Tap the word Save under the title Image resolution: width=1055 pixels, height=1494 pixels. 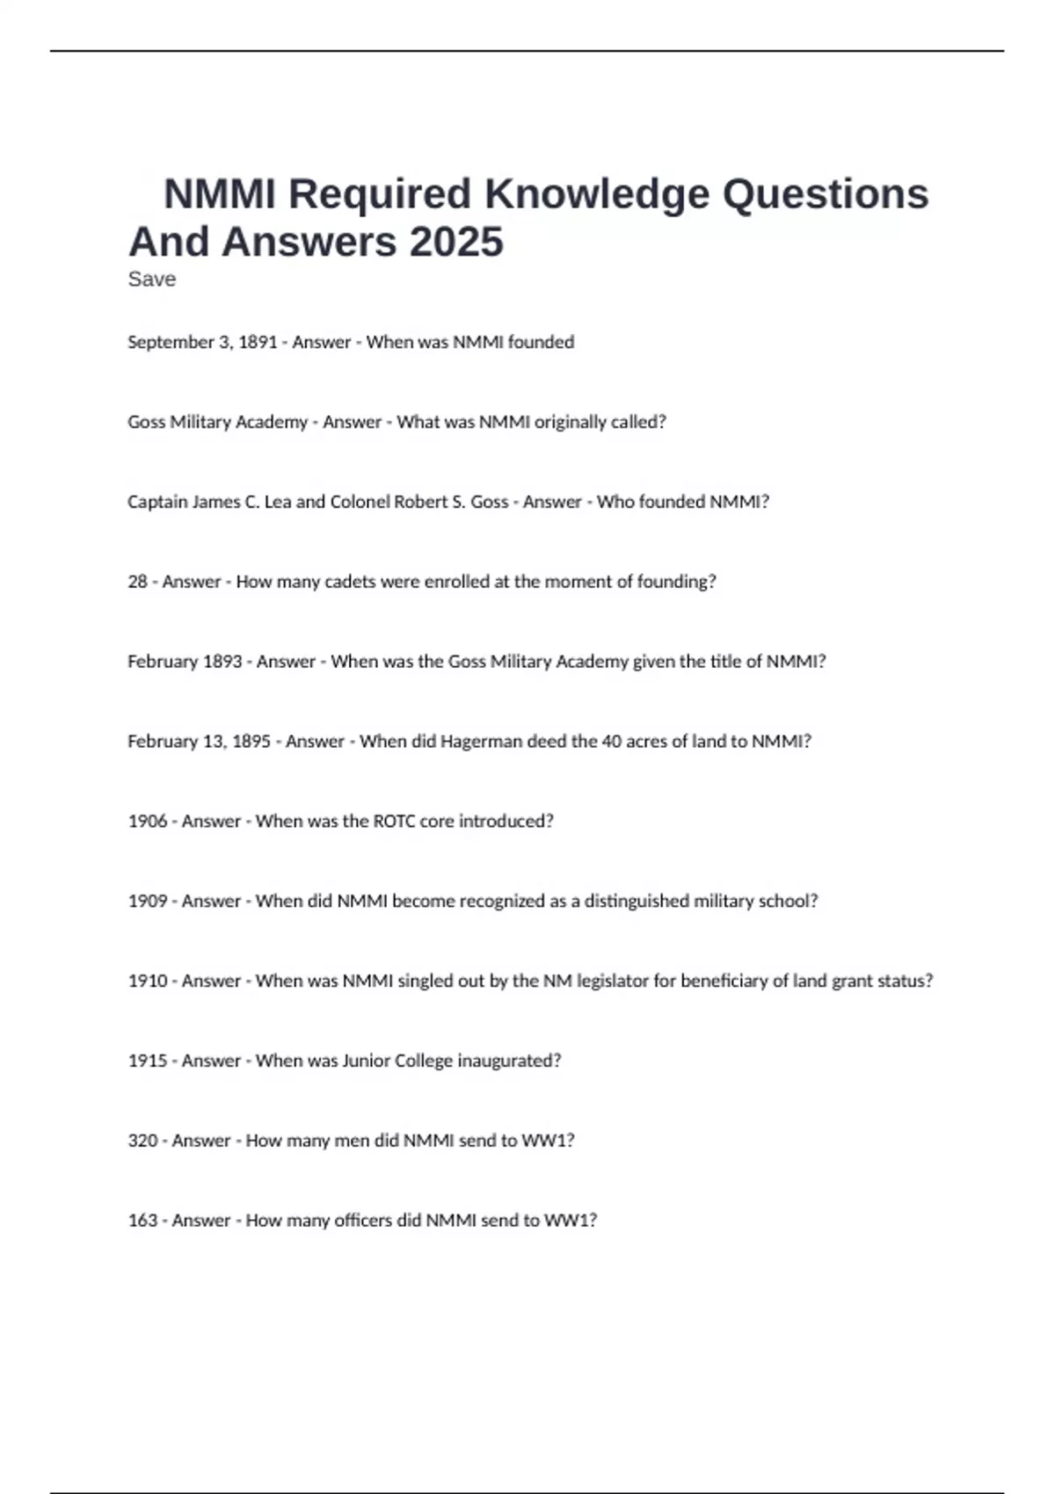point(151,279)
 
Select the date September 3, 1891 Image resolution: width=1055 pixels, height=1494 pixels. point(202,342)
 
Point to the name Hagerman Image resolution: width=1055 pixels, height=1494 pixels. point(481,741)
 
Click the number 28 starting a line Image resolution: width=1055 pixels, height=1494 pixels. point(137,582)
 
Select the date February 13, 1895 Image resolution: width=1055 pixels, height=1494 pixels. point(199,741)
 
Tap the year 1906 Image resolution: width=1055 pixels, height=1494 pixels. point(147,821)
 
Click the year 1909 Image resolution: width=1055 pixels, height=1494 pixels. point(147,901)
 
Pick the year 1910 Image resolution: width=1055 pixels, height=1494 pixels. point(147,981)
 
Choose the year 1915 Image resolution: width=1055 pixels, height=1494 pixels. point(147,1061)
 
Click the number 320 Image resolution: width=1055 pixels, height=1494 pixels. point(142,1141)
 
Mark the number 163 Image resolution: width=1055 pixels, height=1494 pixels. point(142,1221)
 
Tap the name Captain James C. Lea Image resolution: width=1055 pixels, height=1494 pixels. point(209,502)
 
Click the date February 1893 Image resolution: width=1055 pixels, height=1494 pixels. point(185,662)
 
